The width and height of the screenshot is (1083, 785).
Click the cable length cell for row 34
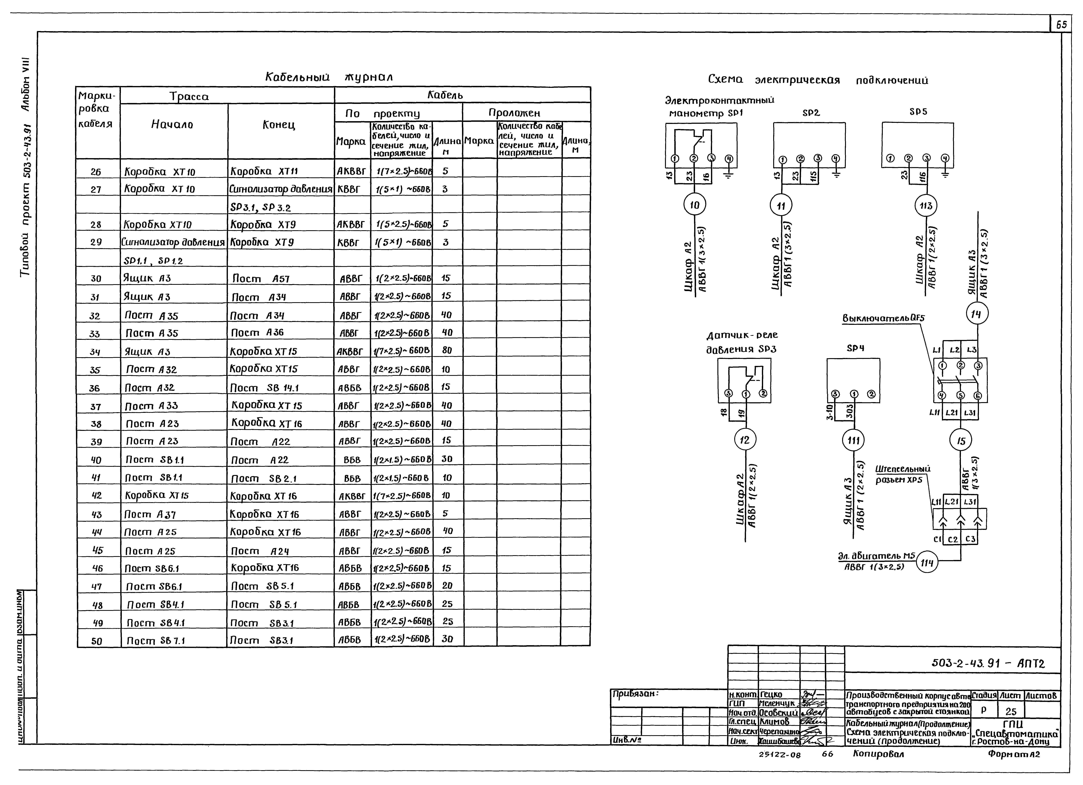click(447, 350)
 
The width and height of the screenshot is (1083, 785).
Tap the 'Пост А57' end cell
click(261, 279)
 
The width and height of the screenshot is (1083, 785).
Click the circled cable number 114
click(927, 563)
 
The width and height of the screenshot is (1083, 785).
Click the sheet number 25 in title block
click(1011, 712)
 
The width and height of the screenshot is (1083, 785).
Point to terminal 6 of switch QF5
click(977, 396)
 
